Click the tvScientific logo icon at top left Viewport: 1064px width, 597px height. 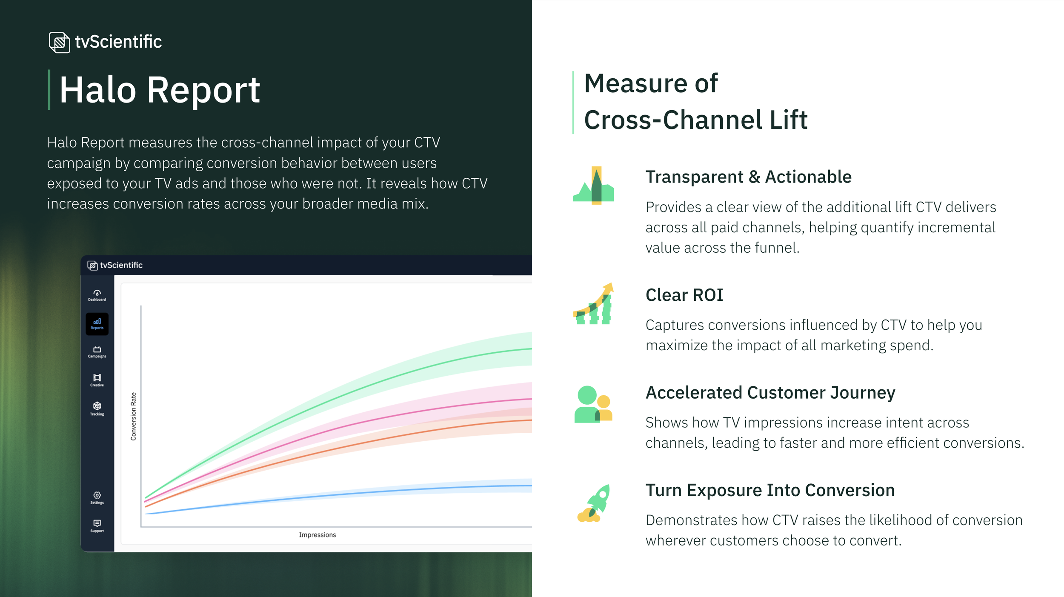pos(59,42)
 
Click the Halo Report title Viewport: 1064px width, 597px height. pos(160,90)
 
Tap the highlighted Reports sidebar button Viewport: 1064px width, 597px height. pos(97,324)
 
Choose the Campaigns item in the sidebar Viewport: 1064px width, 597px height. pos(97,352)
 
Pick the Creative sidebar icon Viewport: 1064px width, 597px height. pos(97,380)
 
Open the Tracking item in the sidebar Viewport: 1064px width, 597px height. pos(97,408)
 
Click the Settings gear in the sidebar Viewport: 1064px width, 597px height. pos(97,497)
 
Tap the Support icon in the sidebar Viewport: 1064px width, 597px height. pos(97,526)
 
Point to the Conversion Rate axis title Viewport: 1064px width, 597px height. pos(133,416)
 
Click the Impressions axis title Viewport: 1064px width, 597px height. pos(317,535)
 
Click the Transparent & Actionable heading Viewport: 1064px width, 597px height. pos(748,177)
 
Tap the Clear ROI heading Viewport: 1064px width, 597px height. pos(684,295)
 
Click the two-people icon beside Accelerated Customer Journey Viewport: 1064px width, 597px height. pos(593,404)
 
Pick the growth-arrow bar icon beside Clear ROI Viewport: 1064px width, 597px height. pos(593,304)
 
